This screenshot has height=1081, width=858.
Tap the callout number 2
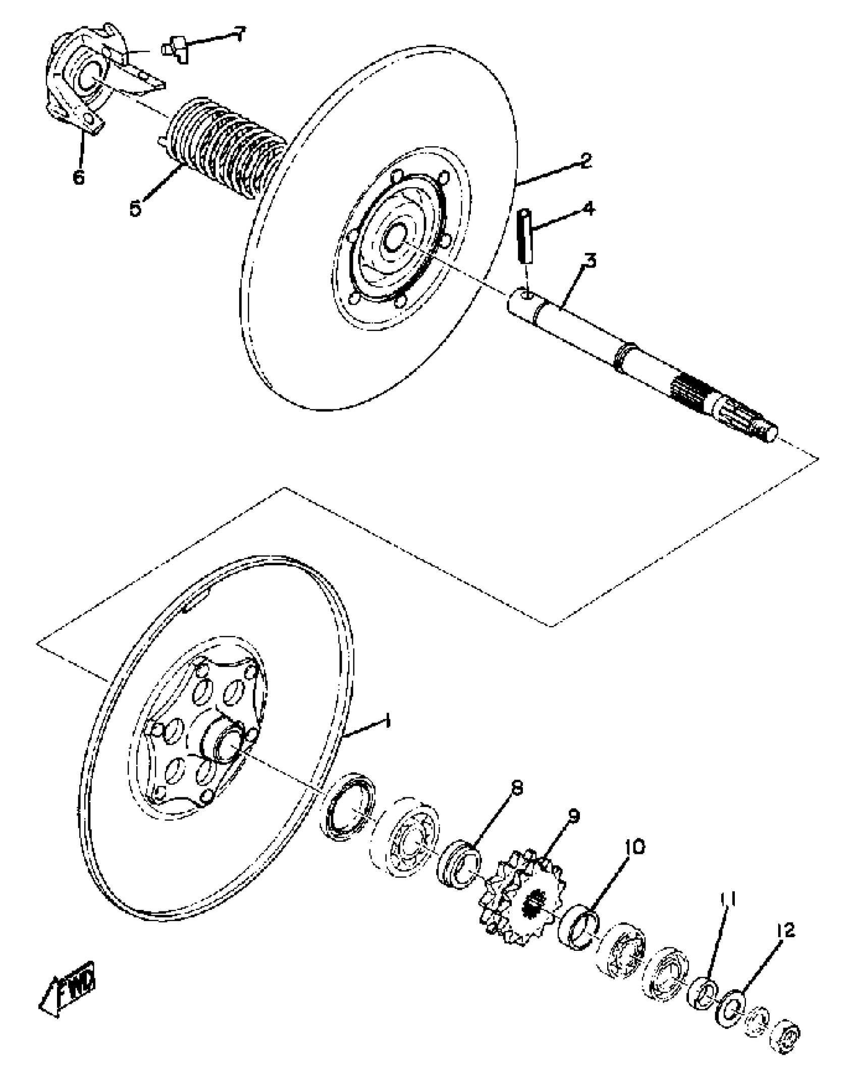coord(585,161)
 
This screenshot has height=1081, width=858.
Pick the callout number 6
coord(79,177)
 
